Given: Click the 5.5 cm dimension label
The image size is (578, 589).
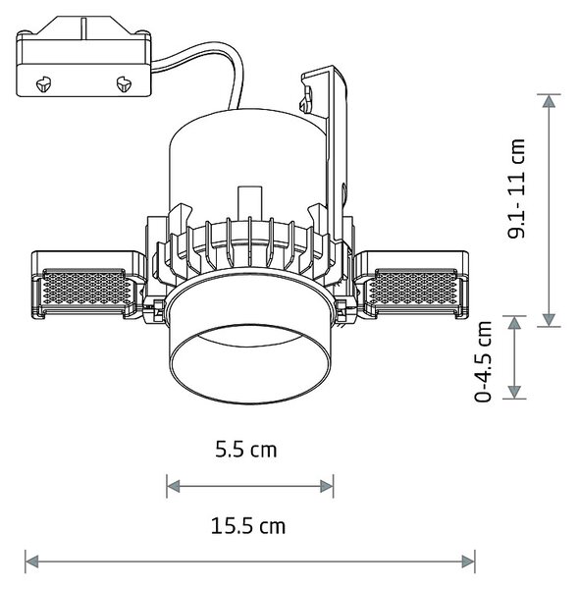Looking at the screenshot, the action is click(x=246, y=450).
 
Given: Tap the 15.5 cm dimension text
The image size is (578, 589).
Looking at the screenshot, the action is click(x=248, y=526).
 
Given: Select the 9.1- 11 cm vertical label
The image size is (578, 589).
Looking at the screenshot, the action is click(x=516, y=188).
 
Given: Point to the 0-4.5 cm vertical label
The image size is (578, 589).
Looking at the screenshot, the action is click(x=483, y=361).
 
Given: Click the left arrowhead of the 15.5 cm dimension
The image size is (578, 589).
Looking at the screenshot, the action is click(x=31, y=562).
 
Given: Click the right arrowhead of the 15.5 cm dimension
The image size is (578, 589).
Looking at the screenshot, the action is click(x=469, y=562).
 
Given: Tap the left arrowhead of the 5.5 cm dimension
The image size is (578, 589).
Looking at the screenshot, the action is click(x=173, y=487).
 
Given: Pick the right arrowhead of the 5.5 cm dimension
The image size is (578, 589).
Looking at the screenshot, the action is click(x=327, y=487).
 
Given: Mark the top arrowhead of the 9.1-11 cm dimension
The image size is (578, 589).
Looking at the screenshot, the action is click(x=549, y=101).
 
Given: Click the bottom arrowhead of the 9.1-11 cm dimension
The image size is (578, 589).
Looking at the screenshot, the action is click(x=549, y=320).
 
